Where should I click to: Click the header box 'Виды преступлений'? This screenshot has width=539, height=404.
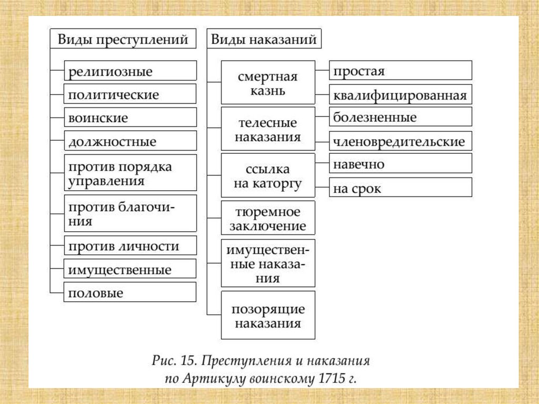pyautogui.click(x=123, y=40)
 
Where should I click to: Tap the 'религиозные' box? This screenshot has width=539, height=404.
pyautogui.click(x=130, y=71)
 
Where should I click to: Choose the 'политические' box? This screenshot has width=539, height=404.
pyautogui.click(x=130, y=94)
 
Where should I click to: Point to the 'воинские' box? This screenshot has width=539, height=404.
pyautogui.click(x=130, y=117)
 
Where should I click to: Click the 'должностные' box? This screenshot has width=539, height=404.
pyautogui.click(x=130, y=141)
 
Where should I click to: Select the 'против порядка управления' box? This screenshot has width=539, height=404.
pyautogui.click(x=130, y=173)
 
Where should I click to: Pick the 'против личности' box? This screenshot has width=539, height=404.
pyautogui.click(x=130, y=246)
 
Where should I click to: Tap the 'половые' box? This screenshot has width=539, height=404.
pyautogui.click(x=130, y=293)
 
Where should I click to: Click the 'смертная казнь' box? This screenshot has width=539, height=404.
pyautogui.click(x=268, y=83)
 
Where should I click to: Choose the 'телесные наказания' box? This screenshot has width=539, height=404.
pyautogui.click(x=268, y=130)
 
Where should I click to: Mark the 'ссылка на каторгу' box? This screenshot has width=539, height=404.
pyautogui.click(x=268, y=176)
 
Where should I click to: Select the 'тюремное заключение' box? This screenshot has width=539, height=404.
pyautogui.click(x=268, y=218)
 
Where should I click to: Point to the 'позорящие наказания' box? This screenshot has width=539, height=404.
pyautogui.click(x=268, y=316)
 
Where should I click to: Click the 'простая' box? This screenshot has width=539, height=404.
pyautogui.click(x=401, y=71)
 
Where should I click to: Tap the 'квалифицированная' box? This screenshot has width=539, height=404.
pyautogui.click(x=401, y=95)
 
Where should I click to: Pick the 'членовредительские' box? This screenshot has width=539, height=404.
pyautogui.click(x=401, y=141)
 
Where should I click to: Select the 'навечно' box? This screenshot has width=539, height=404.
pyautogui.click(x=401, y=164)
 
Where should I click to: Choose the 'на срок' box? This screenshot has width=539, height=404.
pyautogui.click(x=401, y=188)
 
